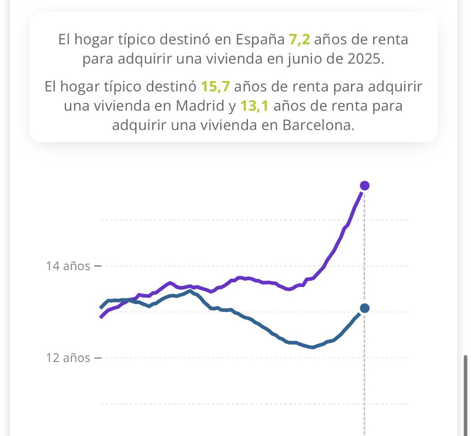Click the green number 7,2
pos(299,40)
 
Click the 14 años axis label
pos(68,266)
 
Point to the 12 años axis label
pos(68,358)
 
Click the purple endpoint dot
pos(365,186)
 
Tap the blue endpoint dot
pos(365,308)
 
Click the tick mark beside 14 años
pos(98,266)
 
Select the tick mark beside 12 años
pos(98,358)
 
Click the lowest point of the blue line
pos(312,347)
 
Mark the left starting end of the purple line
pos(101,317)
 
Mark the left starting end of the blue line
pos(101,307)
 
